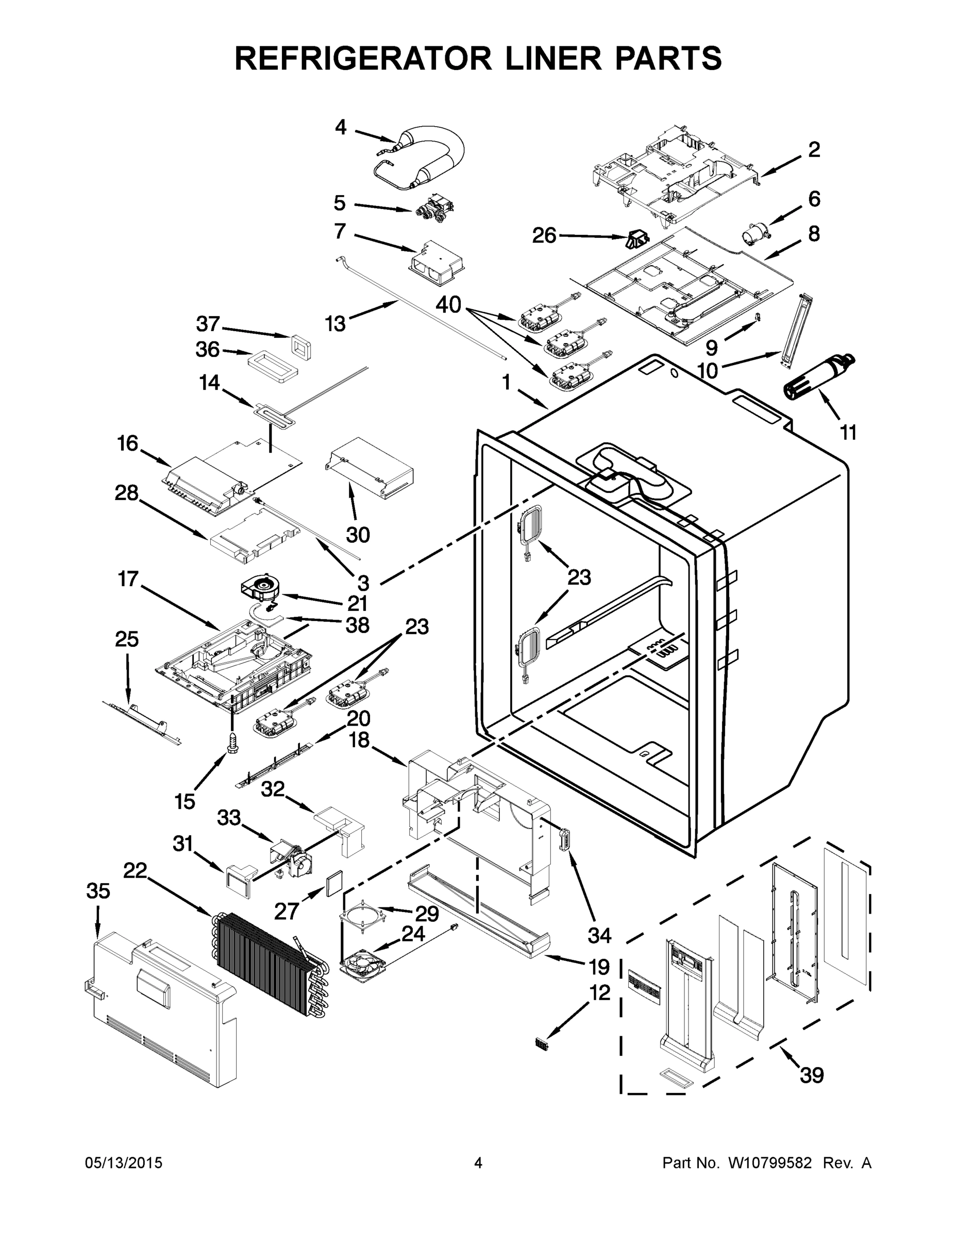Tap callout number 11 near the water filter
click(x=847, y=433)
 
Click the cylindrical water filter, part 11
click(x=817, y=376)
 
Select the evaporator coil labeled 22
click(x=267, y=957)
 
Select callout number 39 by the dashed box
click(x=811, y=1075)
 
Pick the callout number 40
click(x=448, y=305)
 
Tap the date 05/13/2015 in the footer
click(x=124, y=1162)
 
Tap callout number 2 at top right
click(x=813, y=149)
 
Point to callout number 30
click(x=357, y=534)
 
